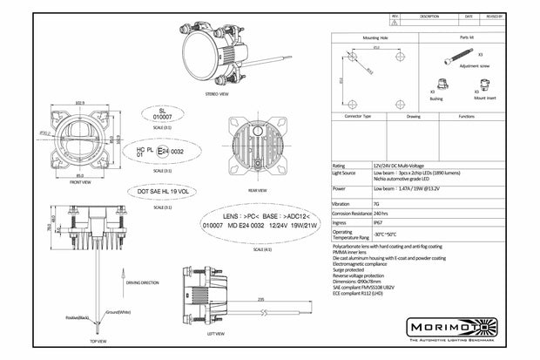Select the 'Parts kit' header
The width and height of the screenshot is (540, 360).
[468, 37]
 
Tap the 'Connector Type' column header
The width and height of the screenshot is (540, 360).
[358, 115]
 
